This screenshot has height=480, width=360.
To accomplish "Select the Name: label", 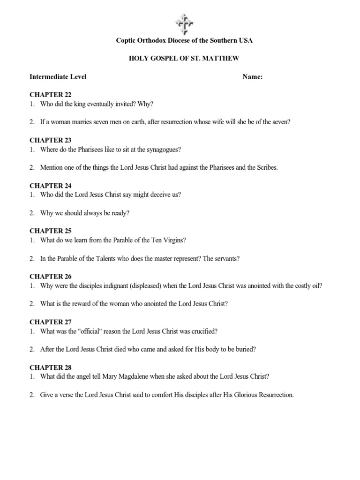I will point(252,77).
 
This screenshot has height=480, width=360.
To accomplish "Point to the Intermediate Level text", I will point(58,77).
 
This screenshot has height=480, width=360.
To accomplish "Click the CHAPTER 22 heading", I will point(51,95).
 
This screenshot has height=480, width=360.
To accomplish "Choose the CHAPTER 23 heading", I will point(51,140).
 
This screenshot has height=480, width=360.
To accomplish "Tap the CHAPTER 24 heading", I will point(51,186).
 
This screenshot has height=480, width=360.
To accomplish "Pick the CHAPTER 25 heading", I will point(51,231).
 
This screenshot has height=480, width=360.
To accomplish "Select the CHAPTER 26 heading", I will point(51,277).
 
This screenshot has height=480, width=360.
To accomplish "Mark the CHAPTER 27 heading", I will point(51,322).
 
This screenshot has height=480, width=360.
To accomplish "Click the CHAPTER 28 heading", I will point(51,367).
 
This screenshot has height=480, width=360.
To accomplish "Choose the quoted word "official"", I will point(94,331).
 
